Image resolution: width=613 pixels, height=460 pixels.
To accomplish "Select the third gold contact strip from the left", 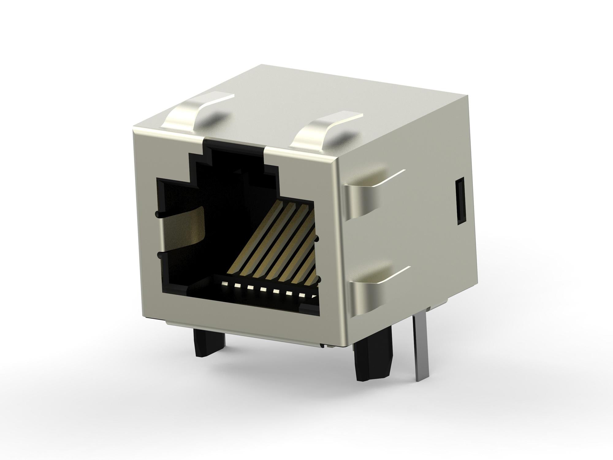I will tap(277, 242).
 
